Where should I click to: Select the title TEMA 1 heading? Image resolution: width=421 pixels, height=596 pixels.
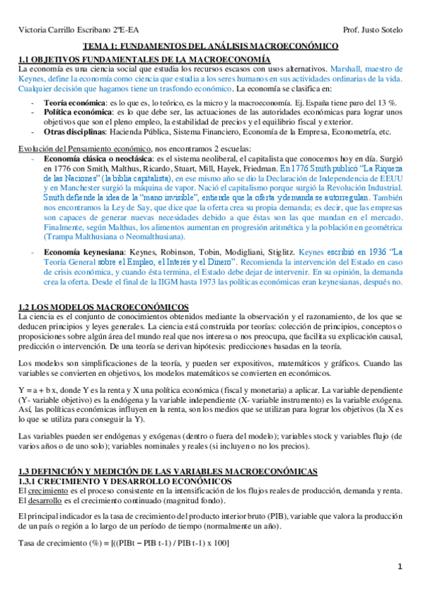[x=211, y=46]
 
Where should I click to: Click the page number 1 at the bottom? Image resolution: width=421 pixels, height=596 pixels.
[x=399, y=566]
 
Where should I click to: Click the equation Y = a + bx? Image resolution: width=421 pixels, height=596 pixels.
[x=41, y=390]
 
